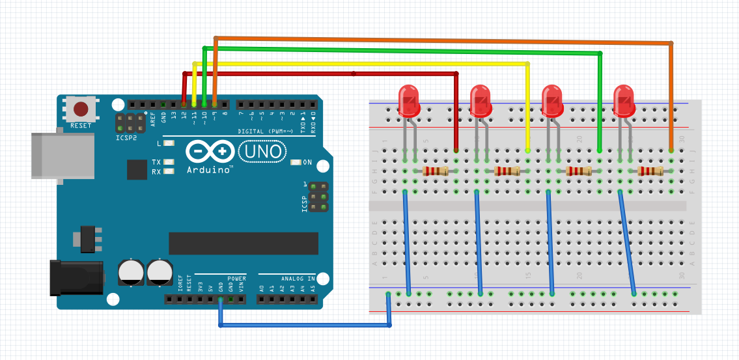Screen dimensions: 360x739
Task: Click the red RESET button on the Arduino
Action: [81, 109]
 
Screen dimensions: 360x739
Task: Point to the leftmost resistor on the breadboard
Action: [436, 171]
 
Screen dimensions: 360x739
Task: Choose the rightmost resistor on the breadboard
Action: [651, 171]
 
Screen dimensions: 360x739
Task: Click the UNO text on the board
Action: [262, 152]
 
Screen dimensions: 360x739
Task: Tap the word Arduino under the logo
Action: [210, 170]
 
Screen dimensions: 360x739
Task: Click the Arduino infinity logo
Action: [210, 152]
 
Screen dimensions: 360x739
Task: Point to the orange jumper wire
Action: [443, 40]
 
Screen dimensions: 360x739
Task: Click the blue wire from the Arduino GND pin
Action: [306, 324]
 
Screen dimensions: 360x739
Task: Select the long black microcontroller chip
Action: [244, 243]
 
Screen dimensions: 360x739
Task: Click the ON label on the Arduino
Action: [307, 162]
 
